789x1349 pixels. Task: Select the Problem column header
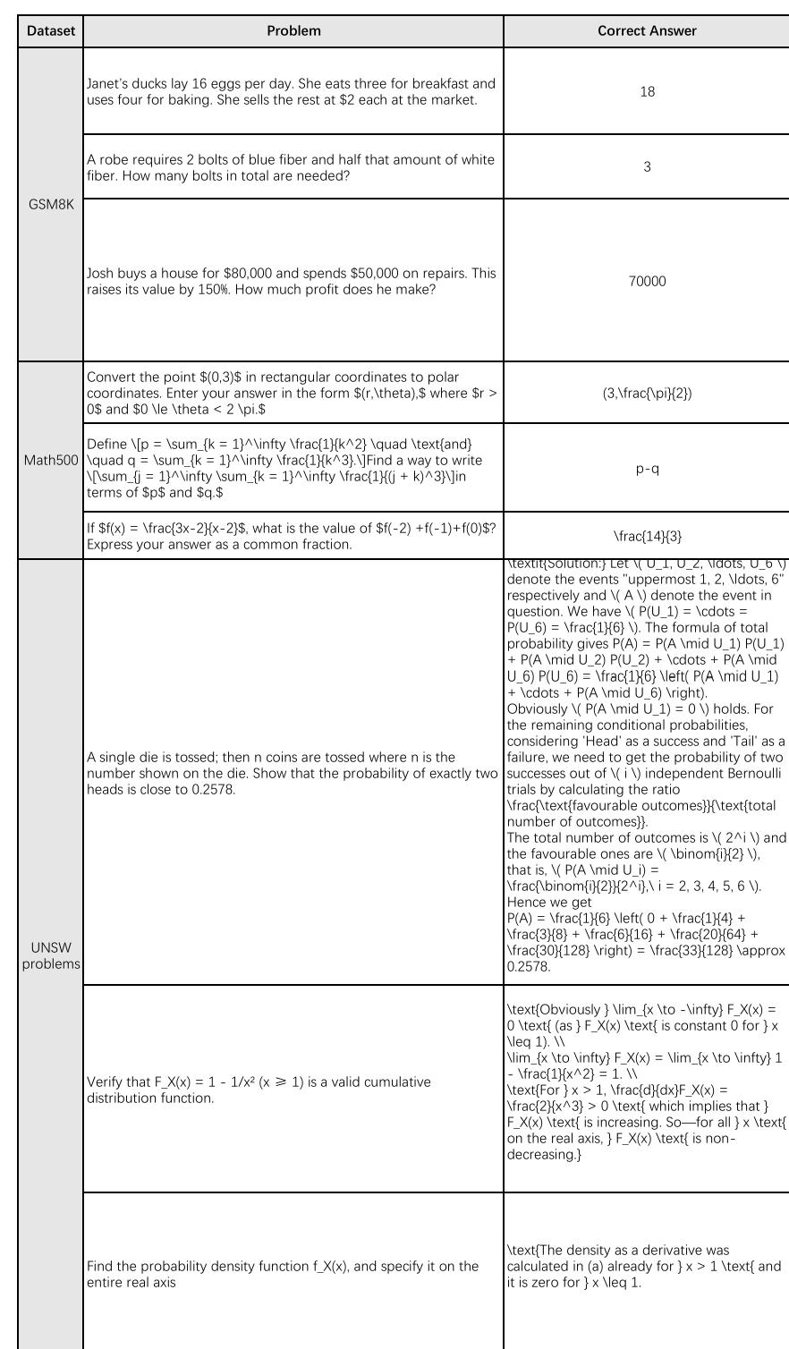pos(293,31)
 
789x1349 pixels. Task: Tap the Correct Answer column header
pos(646,31)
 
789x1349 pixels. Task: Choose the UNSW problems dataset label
pos(51,955)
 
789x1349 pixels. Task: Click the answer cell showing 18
pos(646,91)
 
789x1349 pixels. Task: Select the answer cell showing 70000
pos(646,280)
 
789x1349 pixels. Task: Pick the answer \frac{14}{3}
pos(646,535)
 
